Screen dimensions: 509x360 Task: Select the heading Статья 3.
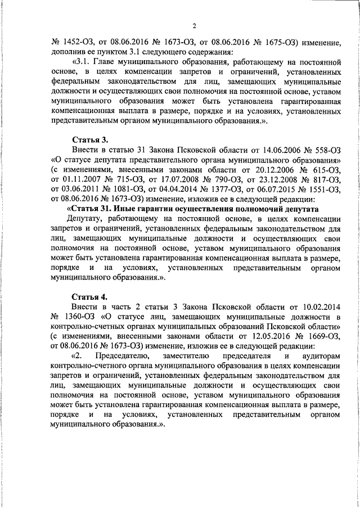[x=91, y=139]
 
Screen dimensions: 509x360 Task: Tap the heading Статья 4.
[x=91, y=297]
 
